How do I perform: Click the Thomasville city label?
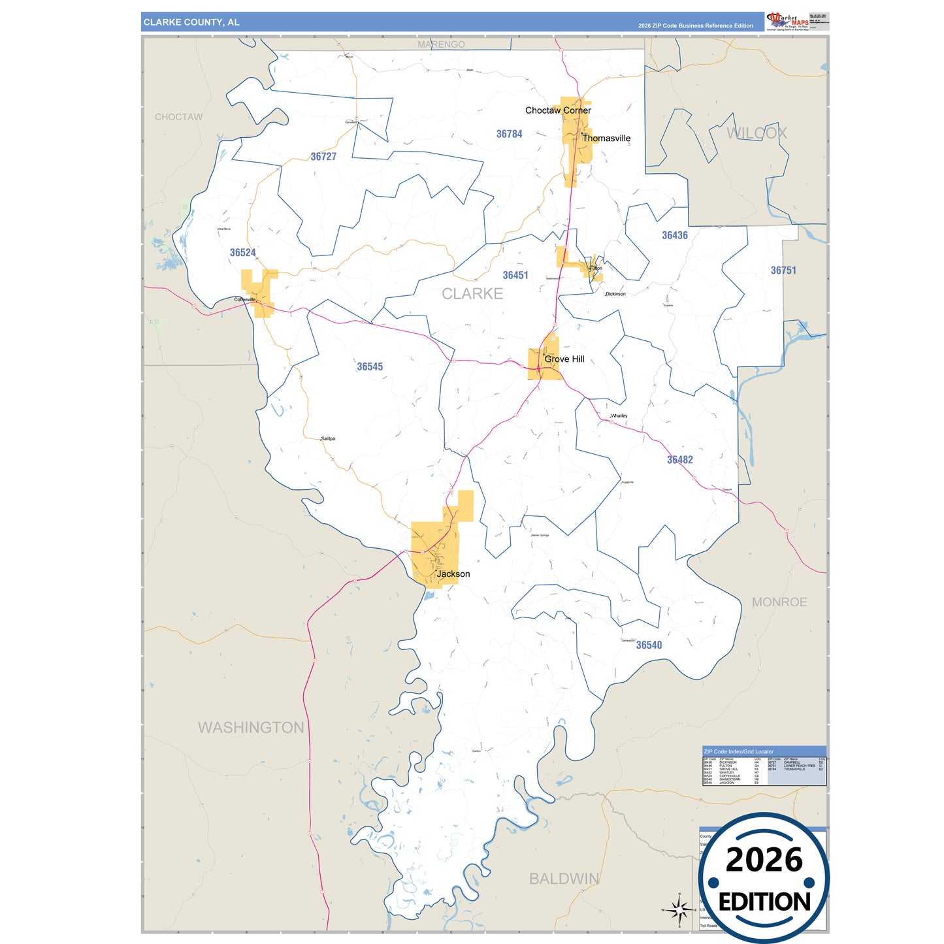click(606, 138)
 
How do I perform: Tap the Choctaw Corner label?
click(558, 110)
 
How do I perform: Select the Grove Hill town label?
click(564, 359)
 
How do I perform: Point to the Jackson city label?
click(453, 574)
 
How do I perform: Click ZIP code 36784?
click(509, 134)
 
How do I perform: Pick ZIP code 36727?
click(323, 157)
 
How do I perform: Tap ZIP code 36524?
click(242, 253)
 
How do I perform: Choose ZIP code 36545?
click(370, 367)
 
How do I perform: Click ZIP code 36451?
click(515, 276)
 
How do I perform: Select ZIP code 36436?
click(674, 236)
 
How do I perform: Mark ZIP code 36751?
click(783, 270)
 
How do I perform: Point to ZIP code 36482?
click(679, 460)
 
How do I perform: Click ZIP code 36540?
click(649, 645)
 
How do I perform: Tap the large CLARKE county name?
click(472, 294)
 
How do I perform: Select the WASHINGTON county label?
click(251, 728)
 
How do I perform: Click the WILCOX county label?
click(757, 133)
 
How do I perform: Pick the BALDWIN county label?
click(564, 879)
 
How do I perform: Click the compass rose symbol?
click(679, 909)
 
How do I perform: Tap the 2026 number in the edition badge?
click(764, 860)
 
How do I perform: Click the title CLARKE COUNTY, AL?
click(191, 22)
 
